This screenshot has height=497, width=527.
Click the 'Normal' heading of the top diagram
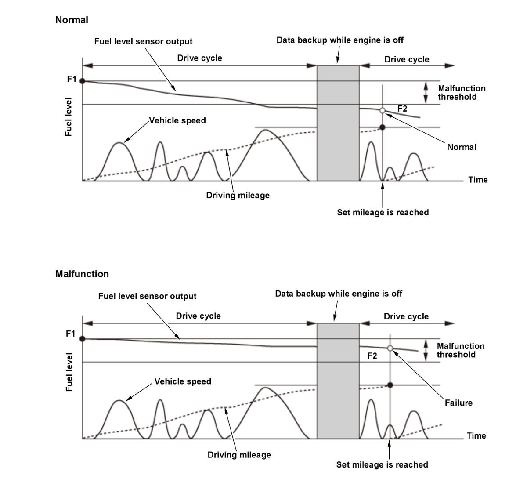(72, 20)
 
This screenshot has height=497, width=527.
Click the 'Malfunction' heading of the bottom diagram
(82, 274)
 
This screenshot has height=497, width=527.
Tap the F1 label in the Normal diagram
(72, 79)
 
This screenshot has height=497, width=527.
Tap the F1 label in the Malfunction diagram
(71, 334)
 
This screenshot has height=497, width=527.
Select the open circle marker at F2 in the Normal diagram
(382, 110)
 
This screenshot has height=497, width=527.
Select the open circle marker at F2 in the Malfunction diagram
(390, 348)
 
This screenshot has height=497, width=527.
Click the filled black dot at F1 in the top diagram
(83, 81)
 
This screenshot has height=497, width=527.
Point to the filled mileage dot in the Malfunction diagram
(390, 385)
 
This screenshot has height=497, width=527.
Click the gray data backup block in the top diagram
(338, 123)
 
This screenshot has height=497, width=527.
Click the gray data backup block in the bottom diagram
(338, 381)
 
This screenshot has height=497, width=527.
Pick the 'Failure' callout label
(458, 403)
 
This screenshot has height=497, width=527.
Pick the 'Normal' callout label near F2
(462, 147)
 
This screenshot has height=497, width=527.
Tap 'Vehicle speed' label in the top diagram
(177, 120)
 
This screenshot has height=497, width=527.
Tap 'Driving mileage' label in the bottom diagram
(239, 454)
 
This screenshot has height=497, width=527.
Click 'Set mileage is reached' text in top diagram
(383, 212)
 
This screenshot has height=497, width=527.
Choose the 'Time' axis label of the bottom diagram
(476, 435)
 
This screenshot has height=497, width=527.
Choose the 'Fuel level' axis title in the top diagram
(69, 117)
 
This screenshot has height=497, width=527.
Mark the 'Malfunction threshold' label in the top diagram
(461, 93)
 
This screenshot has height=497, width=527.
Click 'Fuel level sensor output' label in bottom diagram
(147, 296)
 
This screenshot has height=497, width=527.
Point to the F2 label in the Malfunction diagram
(372, 356)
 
